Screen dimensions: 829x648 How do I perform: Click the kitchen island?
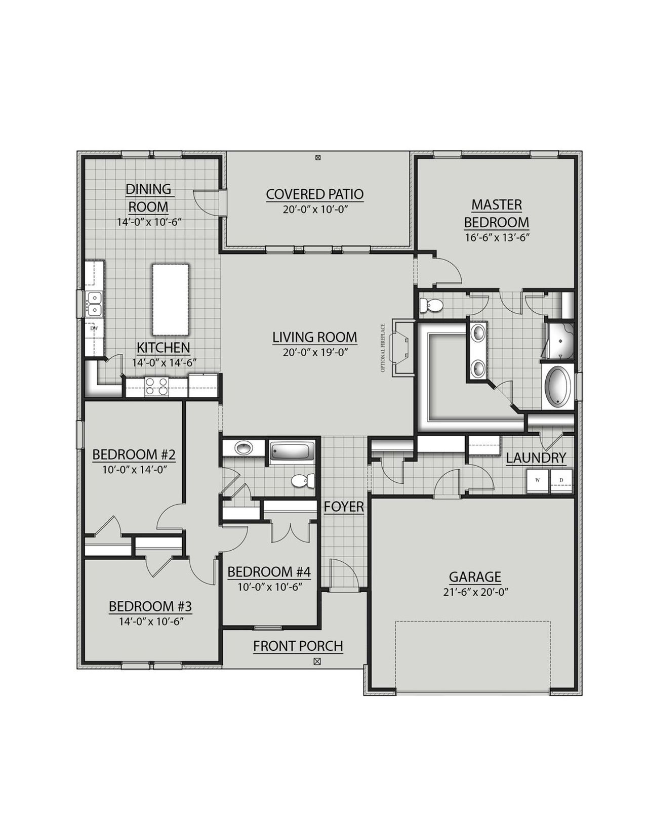coord(171,299)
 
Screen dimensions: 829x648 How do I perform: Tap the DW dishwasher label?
coord(94,328)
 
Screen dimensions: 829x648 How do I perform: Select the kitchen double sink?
coord(94,303)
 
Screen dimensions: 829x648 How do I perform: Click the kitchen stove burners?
coord(156,387)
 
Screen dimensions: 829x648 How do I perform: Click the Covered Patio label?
coord(315,194)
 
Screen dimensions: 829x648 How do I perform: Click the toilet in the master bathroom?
coord(431,305)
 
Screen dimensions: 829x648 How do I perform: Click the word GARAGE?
coord(475,577)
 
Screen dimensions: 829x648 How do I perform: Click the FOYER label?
coord(344,507)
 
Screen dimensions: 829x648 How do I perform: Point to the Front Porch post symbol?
coord(317,661)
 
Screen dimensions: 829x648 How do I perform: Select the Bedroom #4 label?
coord(269,572)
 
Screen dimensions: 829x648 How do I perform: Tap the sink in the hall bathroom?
coord(244,448)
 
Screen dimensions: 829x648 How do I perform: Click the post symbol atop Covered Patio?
coord(318,158)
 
